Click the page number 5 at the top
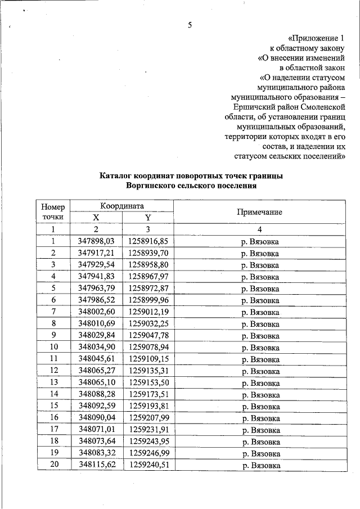click(190, 25)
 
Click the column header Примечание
click(259, 212)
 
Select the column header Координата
click(122, 206)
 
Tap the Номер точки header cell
click(53, 211)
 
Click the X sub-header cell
click(96, 218)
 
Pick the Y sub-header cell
click(148, 218)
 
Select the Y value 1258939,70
click(148, 253)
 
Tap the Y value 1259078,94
click(148, 347)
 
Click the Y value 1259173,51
click(148, 394)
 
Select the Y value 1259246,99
click(148, 453)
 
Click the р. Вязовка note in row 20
click(259, 465)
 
